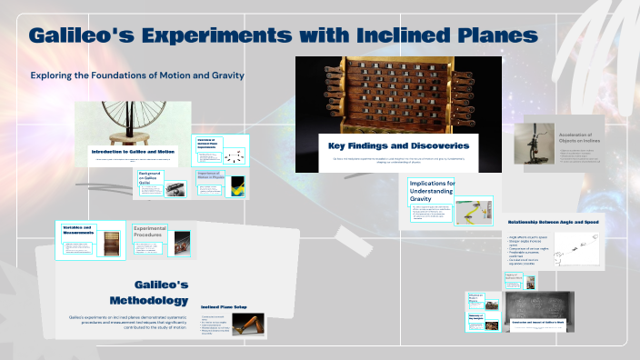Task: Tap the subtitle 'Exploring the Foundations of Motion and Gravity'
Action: pyautogui.click(x=137, y=75)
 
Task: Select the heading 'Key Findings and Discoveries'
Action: pyautogui.click(x=398, y=145)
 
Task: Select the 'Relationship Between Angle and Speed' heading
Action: pyautogui.click(x=554, y=221)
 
